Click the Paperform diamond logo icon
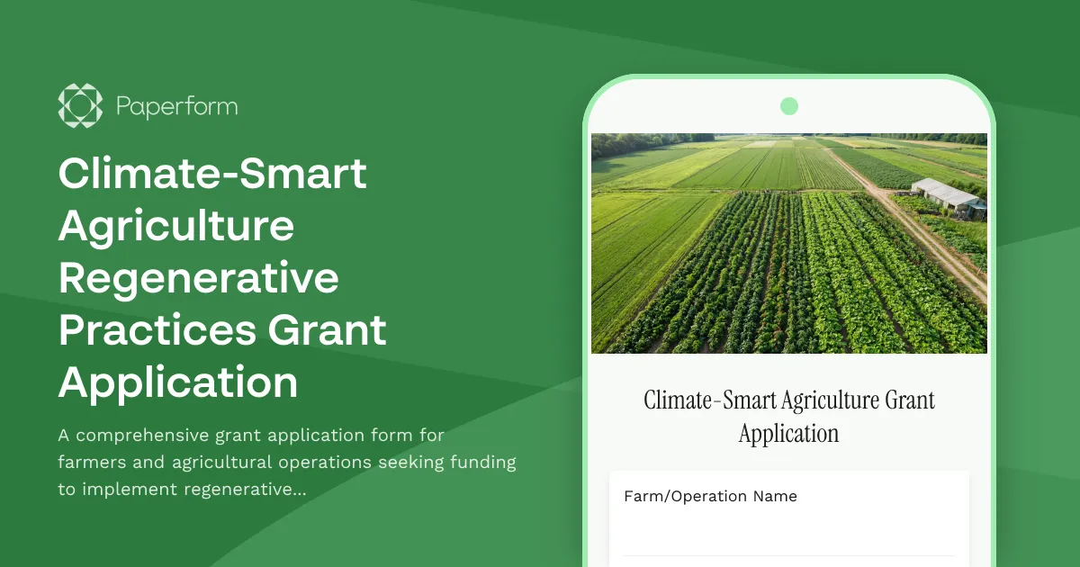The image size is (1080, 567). pos(80,106)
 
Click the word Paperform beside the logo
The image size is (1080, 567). pos(176,107)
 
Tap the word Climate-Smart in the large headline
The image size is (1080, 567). pos(212,173)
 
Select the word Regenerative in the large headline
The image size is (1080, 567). pos(199,278)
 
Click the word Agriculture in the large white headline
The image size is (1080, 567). pos(176,226)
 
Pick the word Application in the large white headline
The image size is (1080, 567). pos(178,382)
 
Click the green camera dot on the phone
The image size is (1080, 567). pos(789,106)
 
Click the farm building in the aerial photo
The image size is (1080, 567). pos(948,195)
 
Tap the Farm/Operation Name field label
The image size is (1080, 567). pos(710,496)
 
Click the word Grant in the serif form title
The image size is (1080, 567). pos(910,400)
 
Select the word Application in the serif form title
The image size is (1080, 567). pos(788,434)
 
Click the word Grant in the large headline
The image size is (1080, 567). pos(334,330)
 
